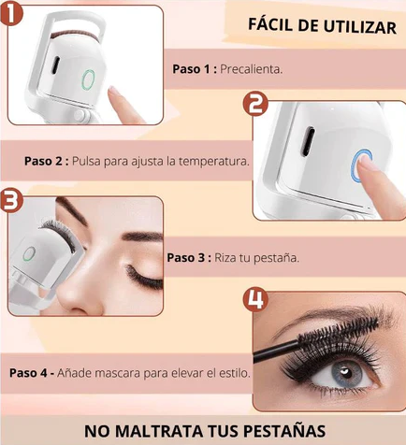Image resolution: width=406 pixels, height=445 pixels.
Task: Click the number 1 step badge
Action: pos(11,12)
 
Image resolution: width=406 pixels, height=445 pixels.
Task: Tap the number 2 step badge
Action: pos(255,104)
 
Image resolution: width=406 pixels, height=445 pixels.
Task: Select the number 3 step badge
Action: pos(11,202)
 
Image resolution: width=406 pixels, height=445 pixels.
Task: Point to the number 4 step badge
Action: pos(255,300)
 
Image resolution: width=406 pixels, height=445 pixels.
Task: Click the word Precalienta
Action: pos(252,69)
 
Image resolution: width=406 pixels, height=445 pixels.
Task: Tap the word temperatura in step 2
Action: pos(214,162)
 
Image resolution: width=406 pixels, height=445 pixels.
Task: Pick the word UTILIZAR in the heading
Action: pos(359,27)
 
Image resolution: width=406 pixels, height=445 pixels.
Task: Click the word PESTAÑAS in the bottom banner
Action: pos(284,431)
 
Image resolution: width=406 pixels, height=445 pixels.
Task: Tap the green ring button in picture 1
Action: pos(88,79)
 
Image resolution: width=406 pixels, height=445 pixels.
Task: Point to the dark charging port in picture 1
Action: pos(55,65)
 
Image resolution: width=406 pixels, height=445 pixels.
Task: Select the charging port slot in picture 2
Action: pos(308,142)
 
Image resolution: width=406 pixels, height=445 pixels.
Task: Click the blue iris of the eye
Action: pos(345,373)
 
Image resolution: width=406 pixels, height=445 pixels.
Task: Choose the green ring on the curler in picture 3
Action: pos(29,253)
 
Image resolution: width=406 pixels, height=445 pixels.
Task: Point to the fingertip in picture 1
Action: pos(114,92)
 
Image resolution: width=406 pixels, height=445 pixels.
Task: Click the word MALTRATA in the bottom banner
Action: pos(161,431)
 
